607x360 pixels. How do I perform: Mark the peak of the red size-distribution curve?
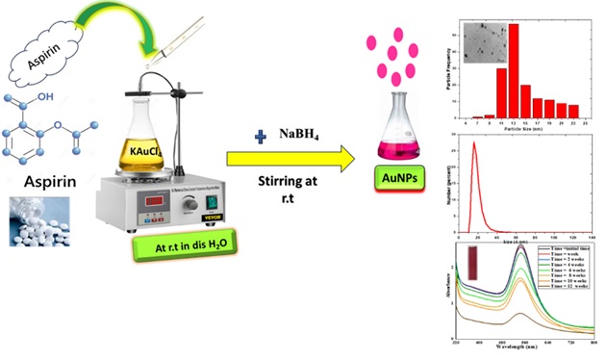pos(473,144)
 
